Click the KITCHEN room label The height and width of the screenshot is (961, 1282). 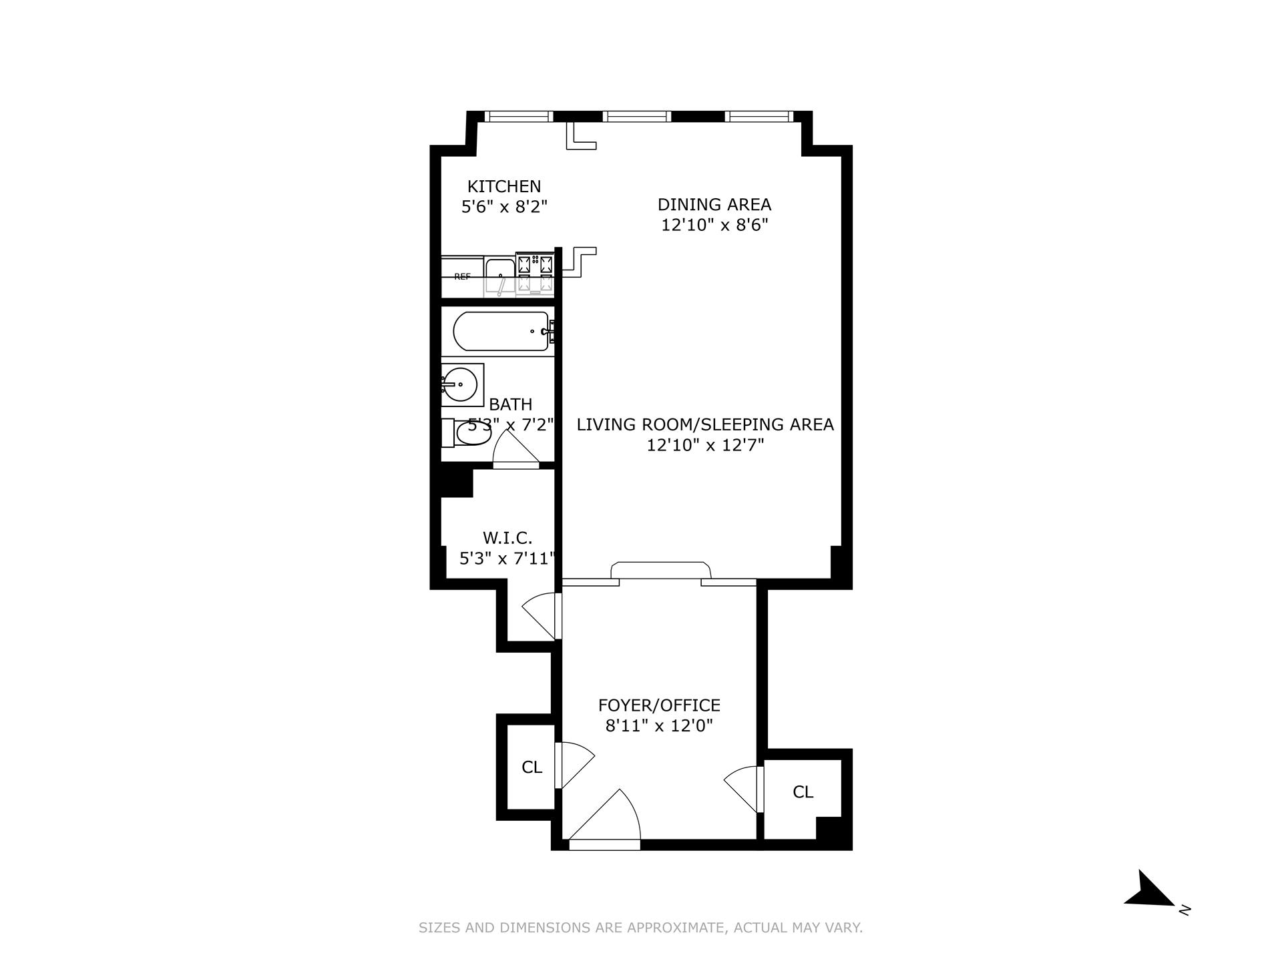tap(503, 186)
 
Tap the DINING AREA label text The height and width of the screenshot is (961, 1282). tap(714, 204)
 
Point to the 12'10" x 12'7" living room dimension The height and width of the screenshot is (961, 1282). tap(704, 445)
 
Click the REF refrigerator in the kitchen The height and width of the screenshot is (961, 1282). tap(462, 276)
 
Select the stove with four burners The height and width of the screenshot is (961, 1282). tap(536, 273)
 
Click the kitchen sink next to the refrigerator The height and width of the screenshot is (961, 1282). tap(499, 275)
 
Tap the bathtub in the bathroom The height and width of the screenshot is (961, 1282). tap(501, 331)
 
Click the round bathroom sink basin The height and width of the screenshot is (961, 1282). tap(459, 384)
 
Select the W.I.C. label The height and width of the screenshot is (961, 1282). tap(507, 538)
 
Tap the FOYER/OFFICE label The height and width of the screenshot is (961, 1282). tap(658, 705)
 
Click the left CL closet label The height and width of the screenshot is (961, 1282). tap(531, 767)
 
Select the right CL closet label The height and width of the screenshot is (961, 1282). tap(803, 792)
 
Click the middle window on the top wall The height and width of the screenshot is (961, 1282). tap(636, 116)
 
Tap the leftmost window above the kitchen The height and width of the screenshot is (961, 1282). tap(519, 116)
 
